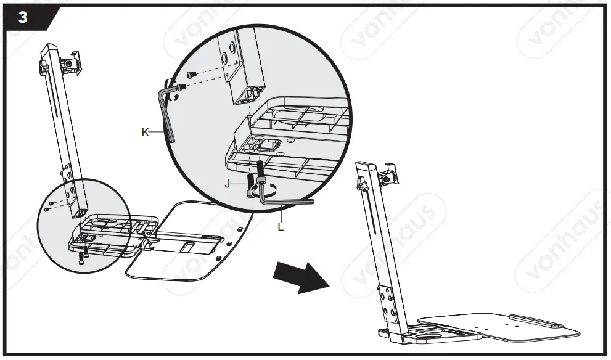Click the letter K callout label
pos(145,131)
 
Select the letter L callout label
pos(281,226)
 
